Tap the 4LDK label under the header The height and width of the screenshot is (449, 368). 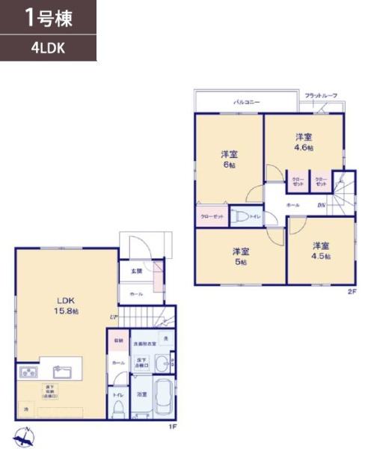click(46, 49)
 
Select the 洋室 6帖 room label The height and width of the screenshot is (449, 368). click(229, 159)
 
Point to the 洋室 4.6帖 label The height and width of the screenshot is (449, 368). click(303, 141)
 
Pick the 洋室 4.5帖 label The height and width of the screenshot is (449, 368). click(320, 250)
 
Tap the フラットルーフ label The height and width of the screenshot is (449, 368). click(320, 96)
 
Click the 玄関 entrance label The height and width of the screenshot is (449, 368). click(137, 271)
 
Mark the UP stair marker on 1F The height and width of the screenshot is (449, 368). click(113, 317)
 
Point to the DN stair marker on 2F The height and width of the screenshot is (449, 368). click(320, 204)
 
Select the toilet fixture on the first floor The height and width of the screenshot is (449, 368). click(118, 407)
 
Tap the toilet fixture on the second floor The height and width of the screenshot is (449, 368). click(241, 216)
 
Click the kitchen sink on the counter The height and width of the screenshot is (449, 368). click(59, 370)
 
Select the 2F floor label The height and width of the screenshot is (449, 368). click(351, 292)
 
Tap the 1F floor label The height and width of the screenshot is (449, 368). click(171, 427)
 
